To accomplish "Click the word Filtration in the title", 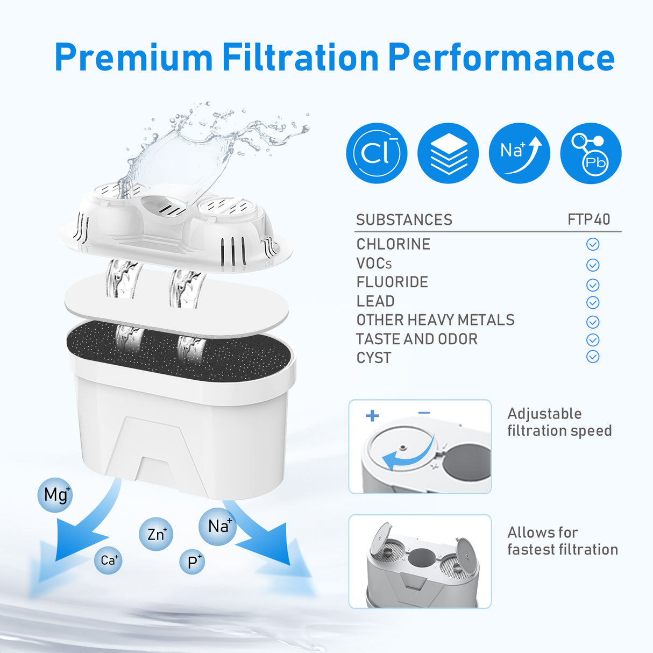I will coord(300,58).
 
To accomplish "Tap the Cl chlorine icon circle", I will coord(377,153).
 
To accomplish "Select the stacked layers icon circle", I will coord(448,153).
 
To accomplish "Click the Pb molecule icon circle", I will coord(591,153).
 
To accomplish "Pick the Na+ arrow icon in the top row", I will coord(519,153).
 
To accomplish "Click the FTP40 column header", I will coord(589,219).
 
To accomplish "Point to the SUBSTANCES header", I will coord(404,219).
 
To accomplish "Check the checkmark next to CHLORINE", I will coord(592,244).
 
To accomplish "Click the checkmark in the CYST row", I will coord(592,357).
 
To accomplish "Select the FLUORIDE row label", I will coord(392,282).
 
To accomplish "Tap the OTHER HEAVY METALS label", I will coord(435,320).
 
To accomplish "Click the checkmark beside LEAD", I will coord(592,302).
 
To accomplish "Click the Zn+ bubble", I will coord(156,534).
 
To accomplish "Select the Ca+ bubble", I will coord(108,560).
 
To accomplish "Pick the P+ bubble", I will coord(193,562).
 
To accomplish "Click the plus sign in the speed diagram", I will coord(372,415).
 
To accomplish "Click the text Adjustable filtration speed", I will coord(559,422).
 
